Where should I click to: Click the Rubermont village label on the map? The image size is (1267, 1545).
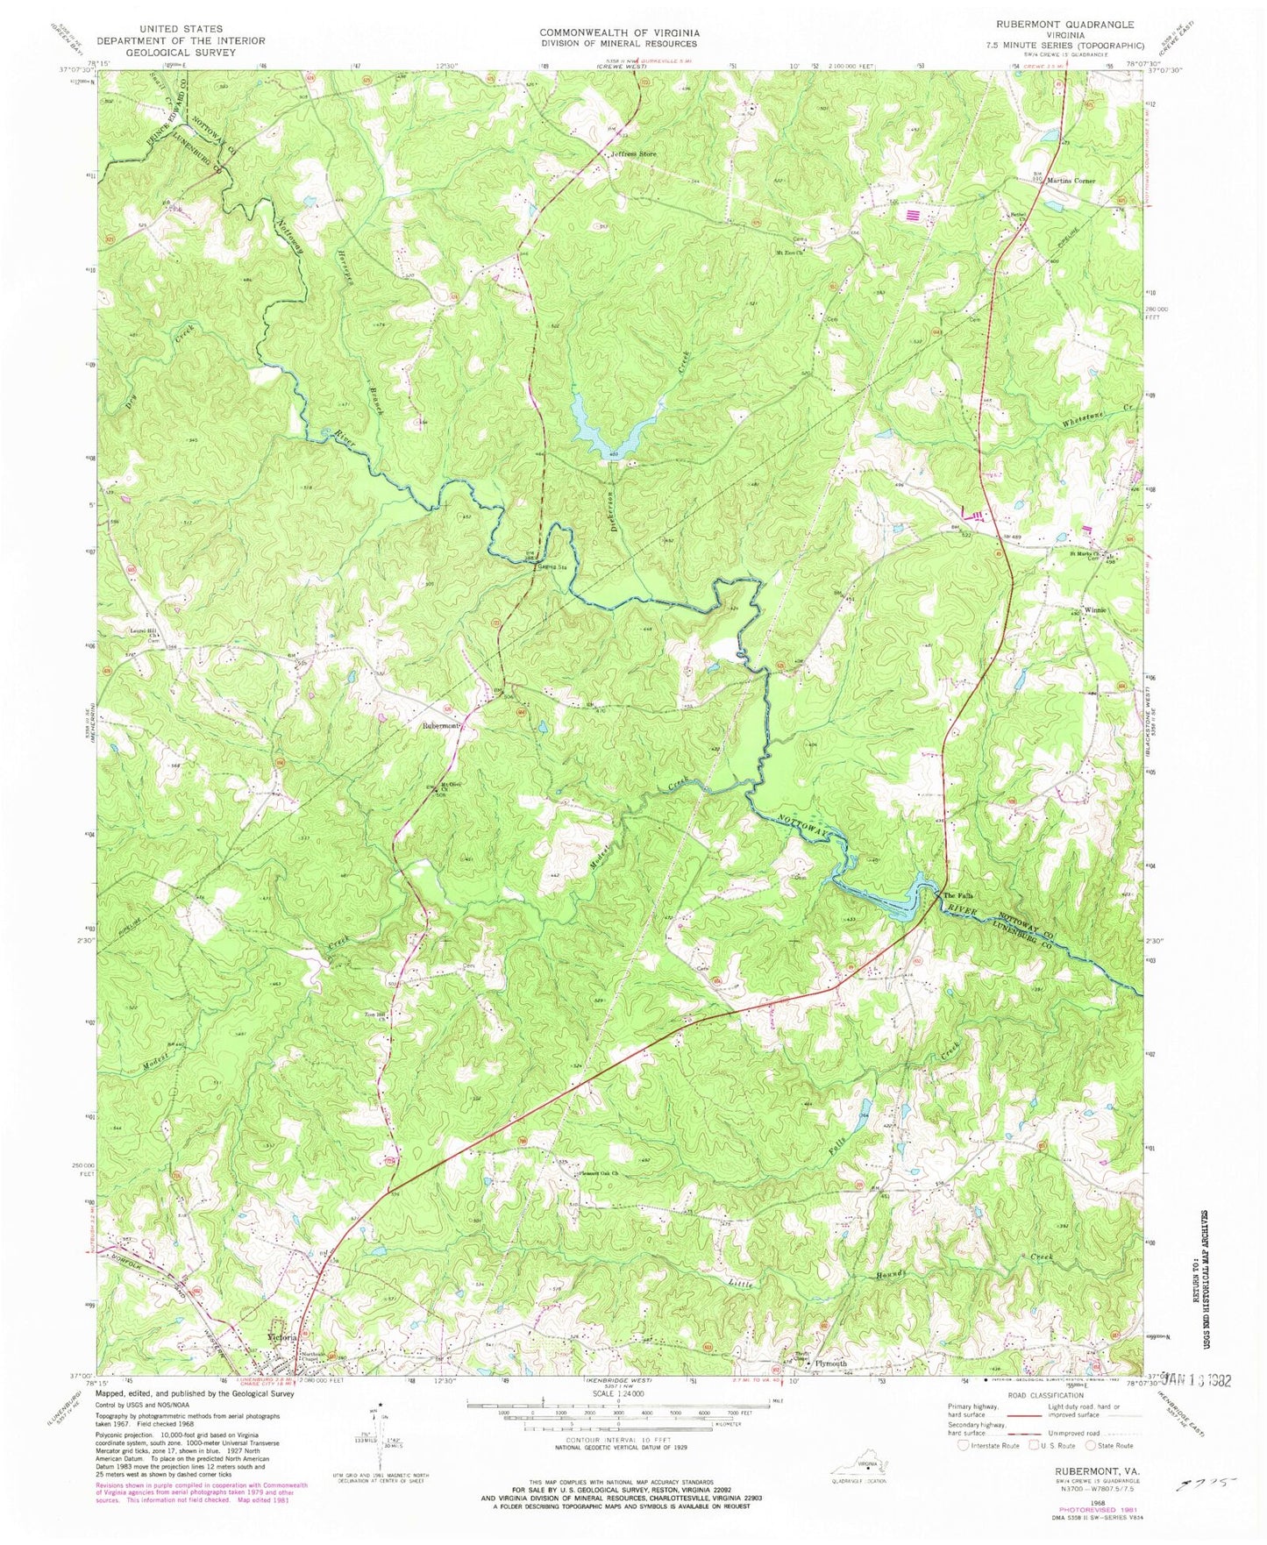pyautogui.click(x=441, y=726)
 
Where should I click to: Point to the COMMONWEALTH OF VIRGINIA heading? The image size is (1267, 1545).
pyautogui.click(x=619, y=33)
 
